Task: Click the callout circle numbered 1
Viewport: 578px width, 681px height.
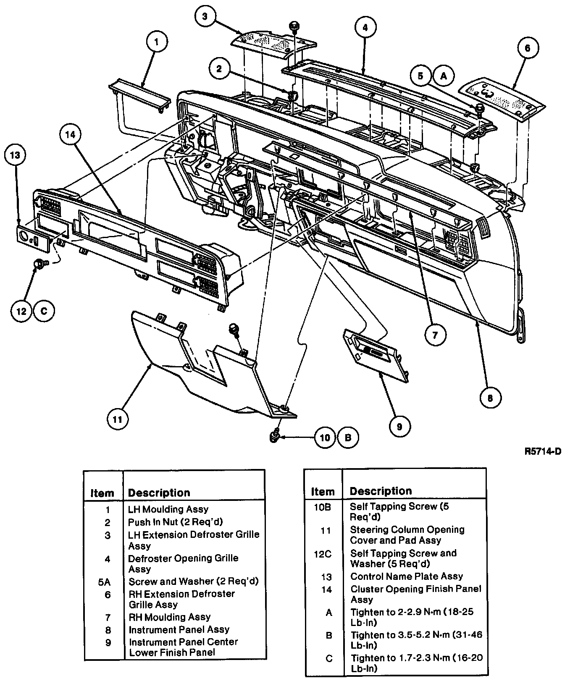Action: (157, 42)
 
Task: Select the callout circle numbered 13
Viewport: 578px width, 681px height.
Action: (16, 155)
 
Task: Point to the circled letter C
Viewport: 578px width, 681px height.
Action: (44, 311)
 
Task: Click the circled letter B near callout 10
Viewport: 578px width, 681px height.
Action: (348, 437)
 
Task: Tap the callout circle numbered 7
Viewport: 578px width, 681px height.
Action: (434, 335)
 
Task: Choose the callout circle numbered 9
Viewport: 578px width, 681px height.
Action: (399, 427)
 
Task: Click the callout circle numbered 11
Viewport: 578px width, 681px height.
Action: (117, 419)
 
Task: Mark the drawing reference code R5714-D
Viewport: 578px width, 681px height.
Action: (543, 452)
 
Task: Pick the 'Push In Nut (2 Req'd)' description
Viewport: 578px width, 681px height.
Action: (175, 522)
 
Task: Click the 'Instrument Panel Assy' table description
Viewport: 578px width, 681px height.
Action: (179, 629)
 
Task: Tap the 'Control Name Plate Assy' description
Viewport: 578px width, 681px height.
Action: (406, 576)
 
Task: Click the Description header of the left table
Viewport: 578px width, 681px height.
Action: (159, 492)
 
